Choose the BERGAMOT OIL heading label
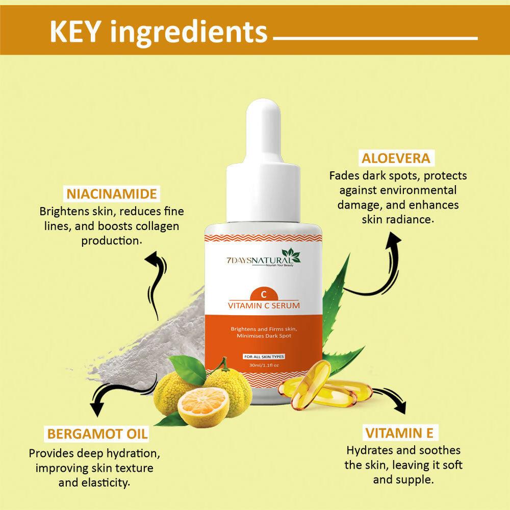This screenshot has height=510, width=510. click(x=97, y=434)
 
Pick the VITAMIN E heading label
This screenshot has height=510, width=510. click(x=399, y=433)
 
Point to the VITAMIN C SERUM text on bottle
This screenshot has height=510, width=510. click(x=264, y=306)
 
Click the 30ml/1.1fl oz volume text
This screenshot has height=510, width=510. click(x=264, y=365)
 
